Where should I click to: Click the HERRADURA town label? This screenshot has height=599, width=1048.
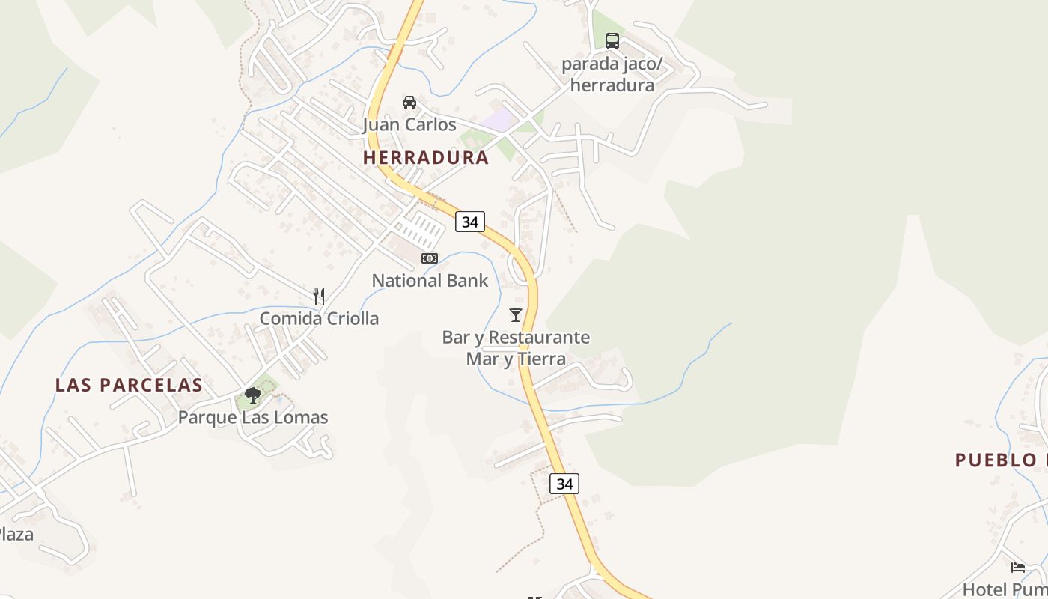pos(425,158)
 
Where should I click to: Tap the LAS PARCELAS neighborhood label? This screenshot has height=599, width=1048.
pos(129,385)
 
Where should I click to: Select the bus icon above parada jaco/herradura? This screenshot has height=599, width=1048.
pos(612,41)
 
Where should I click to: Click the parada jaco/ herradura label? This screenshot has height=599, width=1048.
pos(612,74)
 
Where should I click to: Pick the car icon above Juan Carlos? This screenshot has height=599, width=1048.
pos(409,103)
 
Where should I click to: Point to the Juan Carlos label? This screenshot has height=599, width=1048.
pos(409,124)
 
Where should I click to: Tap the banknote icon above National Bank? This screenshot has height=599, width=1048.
pos(430,258)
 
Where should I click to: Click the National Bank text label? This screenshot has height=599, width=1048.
pos(430,281)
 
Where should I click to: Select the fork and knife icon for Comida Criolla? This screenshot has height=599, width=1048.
pos(319,297)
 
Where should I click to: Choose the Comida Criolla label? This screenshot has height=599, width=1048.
pos(319,318)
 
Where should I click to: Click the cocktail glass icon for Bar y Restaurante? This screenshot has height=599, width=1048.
pos(515,315)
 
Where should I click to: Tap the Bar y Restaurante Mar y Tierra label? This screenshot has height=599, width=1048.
pos(516,348)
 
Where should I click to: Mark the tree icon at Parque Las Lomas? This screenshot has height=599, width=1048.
pos(253,395)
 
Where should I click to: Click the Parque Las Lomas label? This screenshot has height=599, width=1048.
pos(253,417)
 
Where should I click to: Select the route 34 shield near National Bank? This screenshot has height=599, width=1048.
pos(470,222)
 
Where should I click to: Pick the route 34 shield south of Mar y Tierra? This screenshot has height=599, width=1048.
pos(564,484)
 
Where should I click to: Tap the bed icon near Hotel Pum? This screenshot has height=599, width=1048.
pos(1017,568)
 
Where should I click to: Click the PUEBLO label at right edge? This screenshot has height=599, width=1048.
pos(999,460)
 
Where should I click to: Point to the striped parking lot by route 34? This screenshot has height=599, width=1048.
pos(421,230)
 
